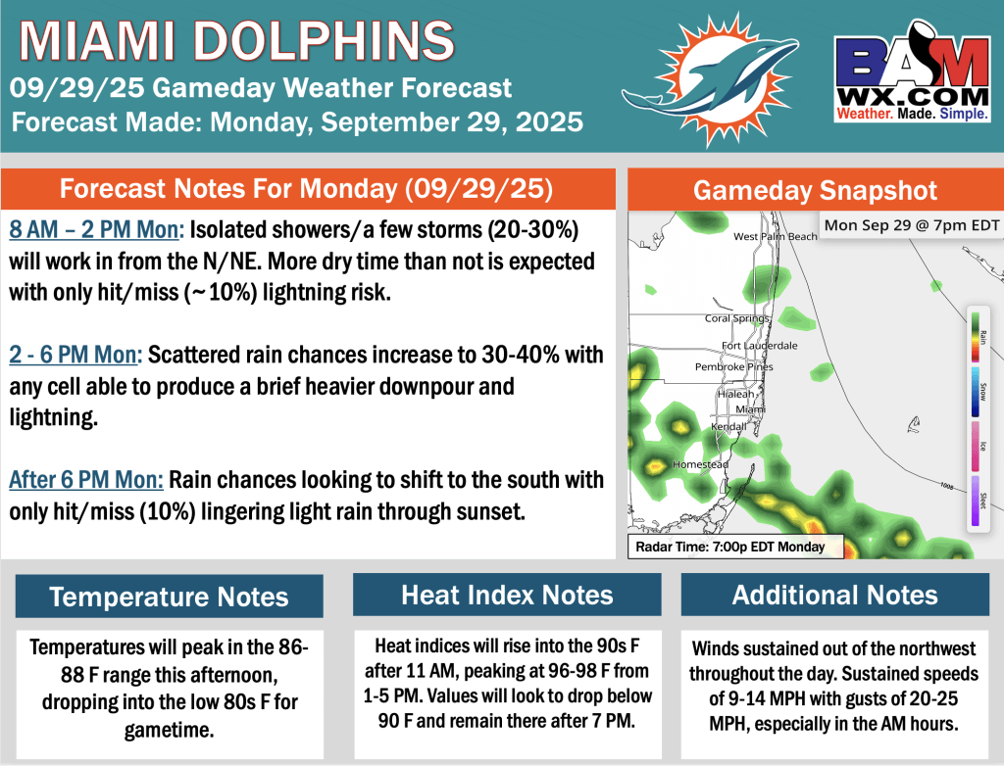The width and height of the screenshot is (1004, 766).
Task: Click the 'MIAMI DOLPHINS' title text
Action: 237,41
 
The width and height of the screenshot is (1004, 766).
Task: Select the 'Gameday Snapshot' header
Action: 816,190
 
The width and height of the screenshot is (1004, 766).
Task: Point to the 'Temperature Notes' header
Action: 169,597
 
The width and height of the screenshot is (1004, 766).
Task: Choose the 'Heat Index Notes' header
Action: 507,595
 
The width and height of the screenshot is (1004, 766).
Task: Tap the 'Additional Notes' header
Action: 834,595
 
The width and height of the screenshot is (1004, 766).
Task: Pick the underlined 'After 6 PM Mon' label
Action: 85,481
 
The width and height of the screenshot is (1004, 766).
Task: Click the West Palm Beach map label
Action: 775,237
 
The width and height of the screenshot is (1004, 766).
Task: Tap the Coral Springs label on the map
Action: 737,318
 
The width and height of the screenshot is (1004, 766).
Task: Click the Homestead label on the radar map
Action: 699,463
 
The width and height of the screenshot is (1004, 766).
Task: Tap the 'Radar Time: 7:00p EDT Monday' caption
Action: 730,547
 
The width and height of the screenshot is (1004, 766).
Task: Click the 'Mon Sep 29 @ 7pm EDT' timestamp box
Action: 911,226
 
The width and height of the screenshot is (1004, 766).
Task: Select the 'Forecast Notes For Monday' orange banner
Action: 308,188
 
